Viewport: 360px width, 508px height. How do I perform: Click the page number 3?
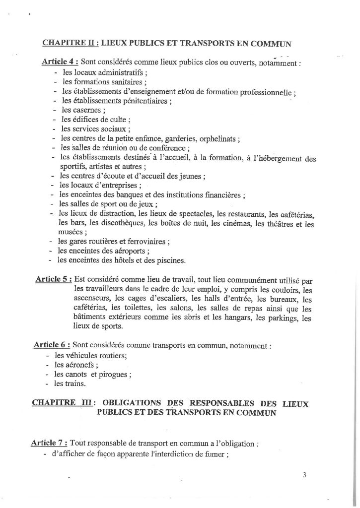tap(304, 474)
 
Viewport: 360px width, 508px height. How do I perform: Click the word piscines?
tap(169, 259)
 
